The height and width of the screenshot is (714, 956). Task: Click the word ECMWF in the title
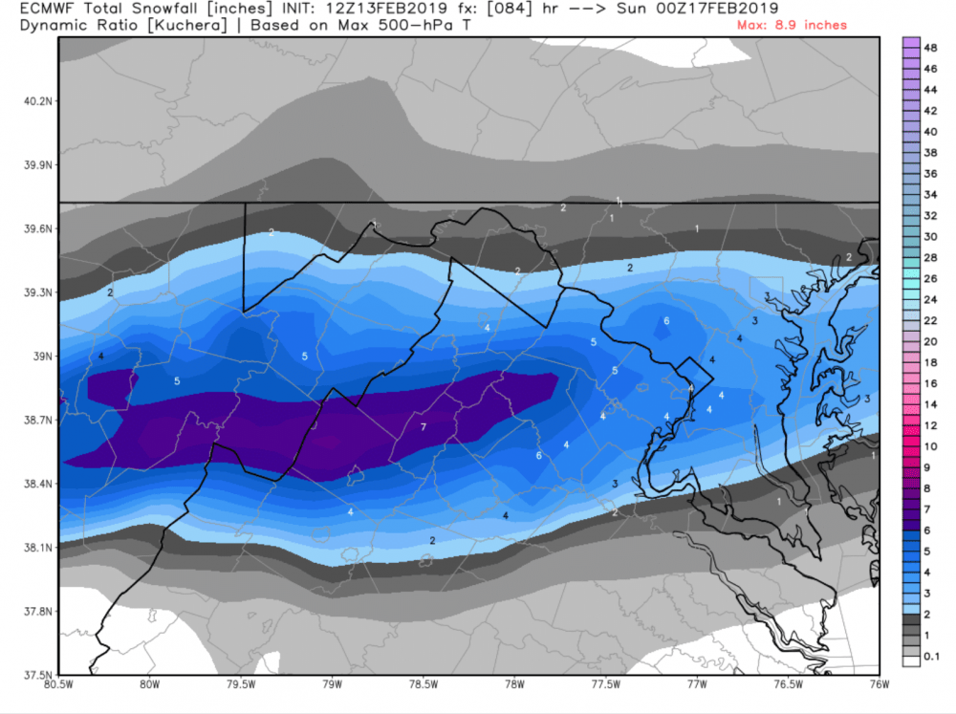point(44,10)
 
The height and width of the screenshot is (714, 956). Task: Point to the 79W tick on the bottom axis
point(333,684)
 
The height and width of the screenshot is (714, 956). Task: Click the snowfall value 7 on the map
point(423,427)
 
